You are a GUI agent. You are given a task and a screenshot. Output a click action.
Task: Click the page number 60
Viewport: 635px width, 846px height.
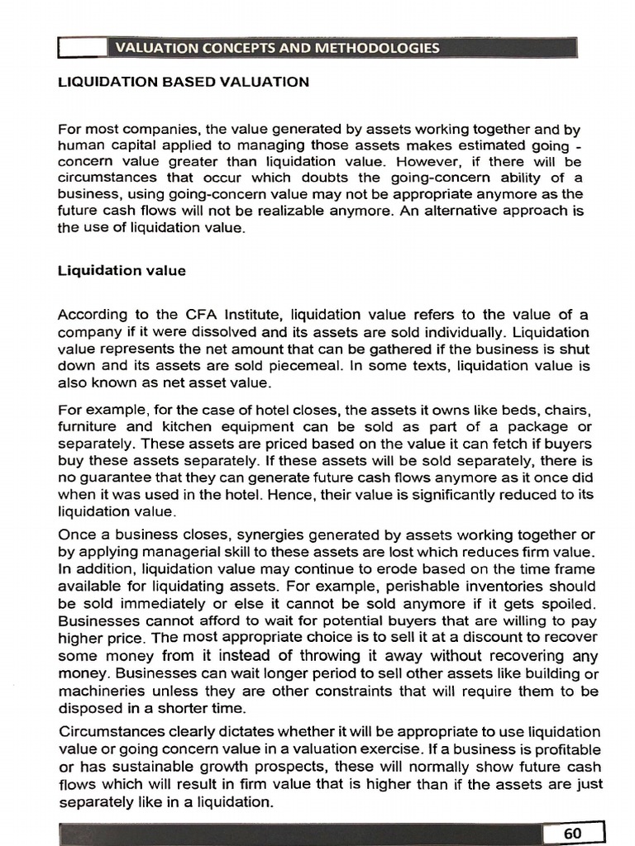pos(572,834)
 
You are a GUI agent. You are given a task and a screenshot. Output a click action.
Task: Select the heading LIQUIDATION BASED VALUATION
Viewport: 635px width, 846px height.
pos(184,82)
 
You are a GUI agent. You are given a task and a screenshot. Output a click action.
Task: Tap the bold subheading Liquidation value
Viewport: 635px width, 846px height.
pos(122,270)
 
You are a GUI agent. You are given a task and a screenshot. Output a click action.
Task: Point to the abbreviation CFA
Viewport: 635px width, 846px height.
pos(214,315)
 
